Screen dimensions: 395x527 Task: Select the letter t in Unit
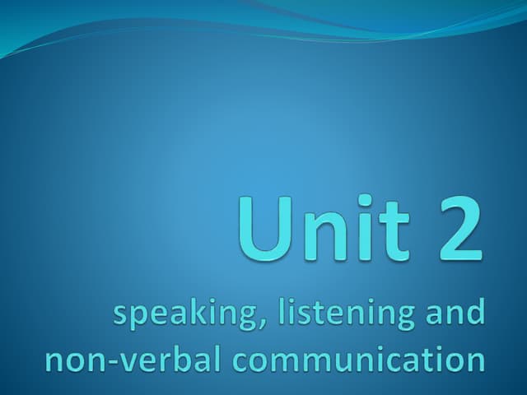(x=392, y=224)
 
